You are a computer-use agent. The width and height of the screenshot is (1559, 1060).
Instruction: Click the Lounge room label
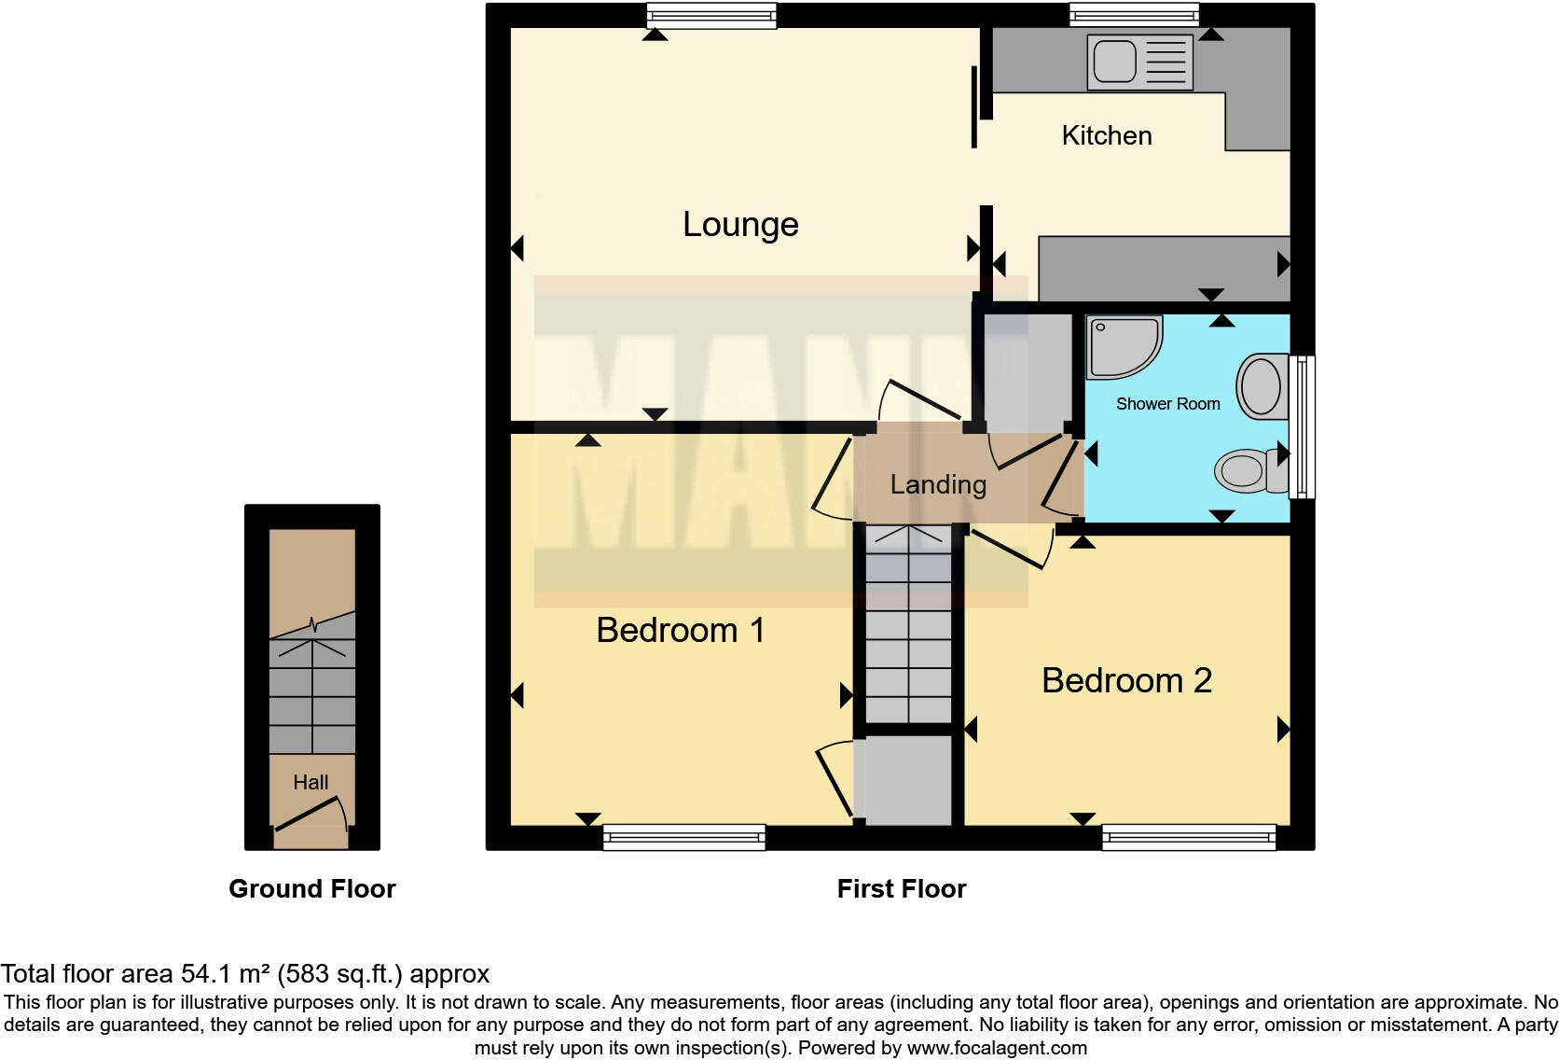[740, 225]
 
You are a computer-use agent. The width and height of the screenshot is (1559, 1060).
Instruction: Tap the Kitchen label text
[1106, 136]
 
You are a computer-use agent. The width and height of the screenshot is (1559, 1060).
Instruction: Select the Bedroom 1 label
[681, 631]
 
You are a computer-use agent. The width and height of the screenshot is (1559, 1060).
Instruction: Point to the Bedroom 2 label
[1126, 681]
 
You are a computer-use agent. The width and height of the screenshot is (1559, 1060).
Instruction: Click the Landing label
[937, 485]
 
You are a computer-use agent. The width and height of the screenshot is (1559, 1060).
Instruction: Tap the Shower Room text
[1167, 404]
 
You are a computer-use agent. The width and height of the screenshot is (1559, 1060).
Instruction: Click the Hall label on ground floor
[310, 783]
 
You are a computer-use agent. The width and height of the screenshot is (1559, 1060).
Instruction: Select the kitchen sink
[1139, 63]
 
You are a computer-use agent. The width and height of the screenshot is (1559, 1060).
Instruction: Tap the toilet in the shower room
[1249, 469]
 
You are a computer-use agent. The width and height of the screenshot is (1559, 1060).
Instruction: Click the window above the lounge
[712, 15]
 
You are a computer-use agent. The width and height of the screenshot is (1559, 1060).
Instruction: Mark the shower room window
[1302, 425]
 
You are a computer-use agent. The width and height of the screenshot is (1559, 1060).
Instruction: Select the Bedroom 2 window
[1188, 837]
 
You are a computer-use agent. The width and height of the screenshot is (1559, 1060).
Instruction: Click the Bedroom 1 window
[683, 837]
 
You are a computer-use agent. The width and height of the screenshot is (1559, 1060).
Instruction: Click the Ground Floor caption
[312, 889]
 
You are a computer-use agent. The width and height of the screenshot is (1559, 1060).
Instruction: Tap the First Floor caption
[901, 889]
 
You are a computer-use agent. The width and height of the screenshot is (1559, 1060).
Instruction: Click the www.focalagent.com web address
[997, 1048]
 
